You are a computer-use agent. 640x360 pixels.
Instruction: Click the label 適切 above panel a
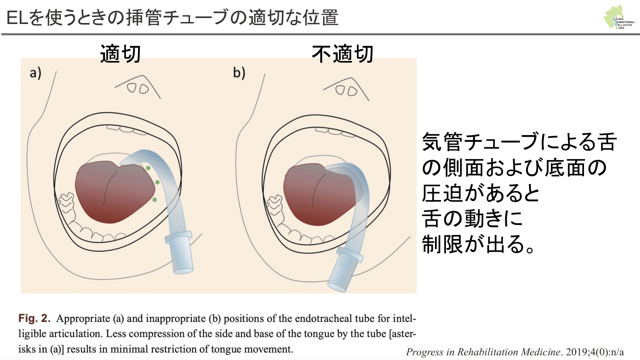(x=120, y=54)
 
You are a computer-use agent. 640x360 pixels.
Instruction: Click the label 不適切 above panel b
(x=342, y=54)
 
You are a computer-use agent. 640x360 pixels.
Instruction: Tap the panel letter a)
(x=35, y=73)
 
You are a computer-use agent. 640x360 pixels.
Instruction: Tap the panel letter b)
(x=239, y=73)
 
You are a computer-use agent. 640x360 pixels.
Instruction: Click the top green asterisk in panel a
(x=148, y=168)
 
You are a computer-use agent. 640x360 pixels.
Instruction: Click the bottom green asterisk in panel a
(x=154, y=200)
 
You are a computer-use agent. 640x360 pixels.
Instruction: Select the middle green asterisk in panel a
(x=157, y=183)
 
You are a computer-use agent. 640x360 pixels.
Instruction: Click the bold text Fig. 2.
(x=34, y=318)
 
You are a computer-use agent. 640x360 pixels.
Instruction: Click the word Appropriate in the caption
(x=83, y=319)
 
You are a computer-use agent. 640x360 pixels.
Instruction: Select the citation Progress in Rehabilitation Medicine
(x=483, y=352)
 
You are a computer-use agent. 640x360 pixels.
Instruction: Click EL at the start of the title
(x=17, y=18)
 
